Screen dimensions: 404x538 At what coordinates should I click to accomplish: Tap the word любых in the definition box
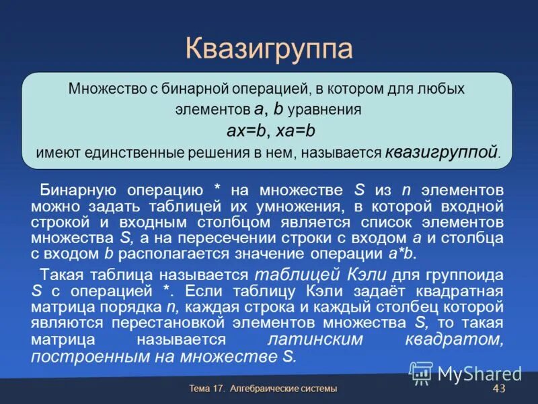(441, 89)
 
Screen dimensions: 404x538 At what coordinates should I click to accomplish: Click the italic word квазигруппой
(442, 152)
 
